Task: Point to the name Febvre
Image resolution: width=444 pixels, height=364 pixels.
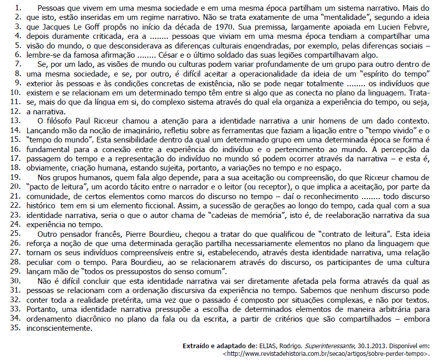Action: [416, 27]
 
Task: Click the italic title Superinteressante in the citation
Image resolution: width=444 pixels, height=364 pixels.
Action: [309, 346]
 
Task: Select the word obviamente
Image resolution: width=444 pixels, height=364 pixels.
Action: [54, 167]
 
